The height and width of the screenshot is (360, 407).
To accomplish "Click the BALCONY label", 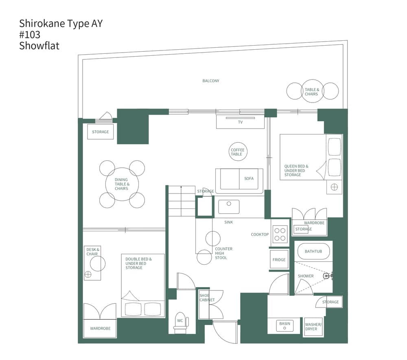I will (211, 81).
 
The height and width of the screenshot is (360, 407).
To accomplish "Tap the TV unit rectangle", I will (240, 122).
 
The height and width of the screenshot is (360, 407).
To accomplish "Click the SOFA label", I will (249, 179).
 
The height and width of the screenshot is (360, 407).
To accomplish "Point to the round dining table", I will (121, 184).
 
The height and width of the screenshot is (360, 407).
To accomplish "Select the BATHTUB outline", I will (313, 251).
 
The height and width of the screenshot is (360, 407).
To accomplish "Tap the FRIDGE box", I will (279, 260).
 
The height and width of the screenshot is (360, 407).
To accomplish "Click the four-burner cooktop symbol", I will (280, 234).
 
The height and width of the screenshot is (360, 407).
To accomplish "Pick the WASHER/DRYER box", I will (313, 327).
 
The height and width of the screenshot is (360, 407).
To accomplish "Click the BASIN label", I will (285, 324).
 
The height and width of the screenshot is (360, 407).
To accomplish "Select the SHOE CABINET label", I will (207, 297).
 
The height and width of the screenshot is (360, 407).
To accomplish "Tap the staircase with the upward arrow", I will (182, 201).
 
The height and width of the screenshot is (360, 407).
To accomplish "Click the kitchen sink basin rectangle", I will (232, 206).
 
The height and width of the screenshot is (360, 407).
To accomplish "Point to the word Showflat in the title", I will (39, 46).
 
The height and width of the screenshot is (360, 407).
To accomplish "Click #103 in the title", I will (30, 35).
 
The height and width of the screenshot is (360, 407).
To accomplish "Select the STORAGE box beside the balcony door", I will (101, 132).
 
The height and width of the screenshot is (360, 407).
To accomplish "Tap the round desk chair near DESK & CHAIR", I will (98, 263).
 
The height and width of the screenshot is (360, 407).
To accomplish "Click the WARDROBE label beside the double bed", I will (100, 329).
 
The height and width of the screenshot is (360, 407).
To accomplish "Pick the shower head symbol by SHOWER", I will (327, 276).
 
